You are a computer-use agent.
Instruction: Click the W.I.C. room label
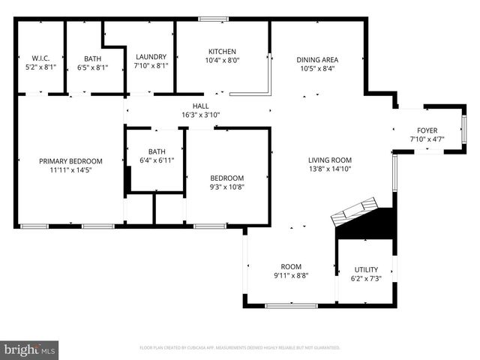pos(40,58)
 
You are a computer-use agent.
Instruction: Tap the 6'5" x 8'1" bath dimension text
pos(93,66)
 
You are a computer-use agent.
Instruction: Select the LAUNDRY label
pos(151,58)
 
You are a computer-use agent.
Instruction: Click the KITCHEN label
pos(221,51)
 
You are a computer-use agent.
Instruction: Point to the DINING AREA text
pos(317,60)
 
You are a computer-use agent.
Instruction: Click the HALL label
pos(200,106)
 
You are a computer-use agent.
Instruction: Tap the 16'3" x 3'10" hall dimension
pos(200,115)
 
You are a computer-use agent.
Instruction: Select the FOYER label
pos(427,130)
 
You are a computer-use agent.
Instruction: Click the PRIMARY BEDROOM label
pos(70,160)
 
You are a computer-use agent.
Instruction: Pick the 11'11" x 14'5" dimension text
pos(70,169)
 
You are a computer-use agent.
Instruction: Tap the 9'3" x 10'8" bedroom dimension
pos(226,187)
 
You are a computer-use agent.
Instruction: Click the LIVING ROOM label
pos(330,160)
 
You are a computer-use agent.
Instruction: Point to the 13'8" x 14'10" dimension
pos(330,169)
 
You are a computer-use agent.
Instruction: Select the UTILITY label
pos(366,269)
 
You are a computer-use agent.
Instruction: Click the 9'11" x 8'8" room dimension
pos(290,275)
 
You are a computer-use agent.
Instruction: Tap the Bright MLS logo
pos(30,349)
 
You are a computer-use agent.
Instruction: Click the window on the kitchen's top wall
pos(214,19)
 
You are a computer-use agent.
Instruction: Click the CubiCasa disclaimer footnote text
pos(240,348)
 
